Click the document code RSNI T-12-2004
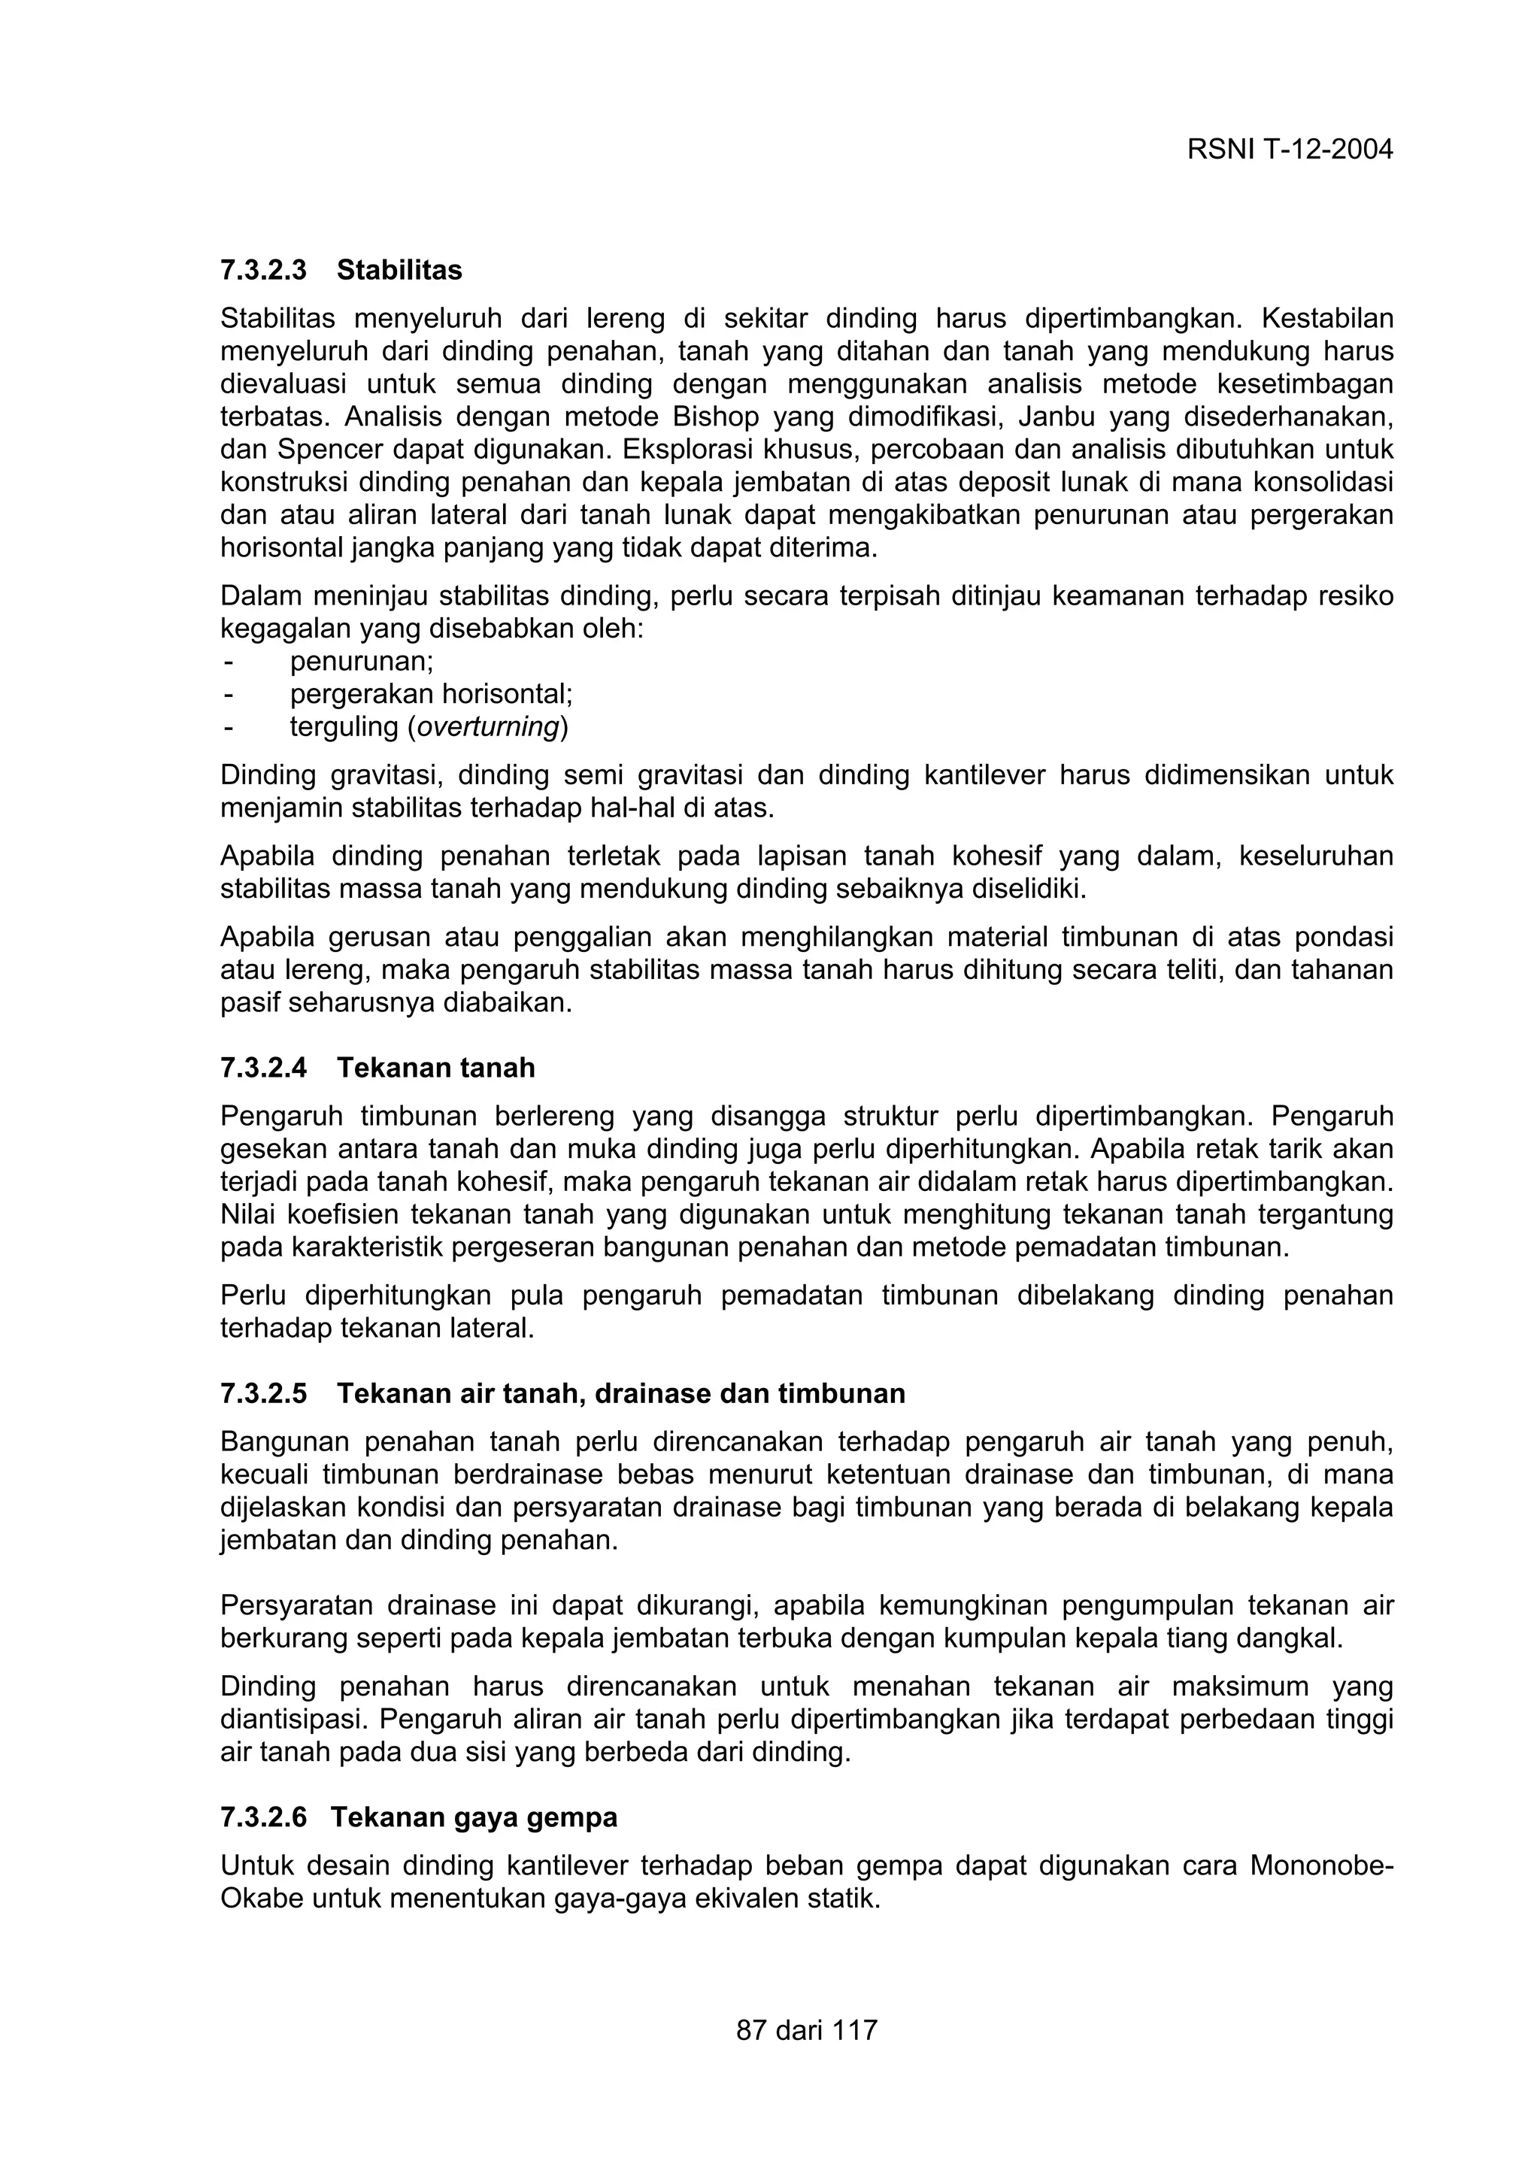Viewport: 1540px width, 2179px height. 1290,150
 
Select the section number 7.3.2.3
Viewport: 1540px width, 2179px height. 264,271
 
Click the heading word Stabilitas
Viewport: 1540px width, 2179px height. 399,271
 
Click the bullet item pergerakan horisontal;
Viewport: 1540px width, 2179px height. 431,694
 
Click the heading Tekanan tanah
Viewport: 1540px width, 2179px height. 435,1068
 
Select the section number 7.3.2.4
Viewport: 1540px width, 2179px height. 264,1068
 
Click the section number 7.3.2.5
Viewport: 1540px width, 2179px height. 264,1393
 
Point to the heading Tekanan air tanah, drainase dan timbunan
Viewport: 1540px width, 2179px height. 620,1393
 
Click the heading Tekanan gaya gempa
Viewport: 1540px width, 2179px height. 474,1817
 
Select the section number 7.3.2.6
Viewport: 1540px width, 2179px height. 264,1817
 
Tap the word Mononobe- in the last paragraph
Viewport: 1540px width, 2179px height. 1321,1865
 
